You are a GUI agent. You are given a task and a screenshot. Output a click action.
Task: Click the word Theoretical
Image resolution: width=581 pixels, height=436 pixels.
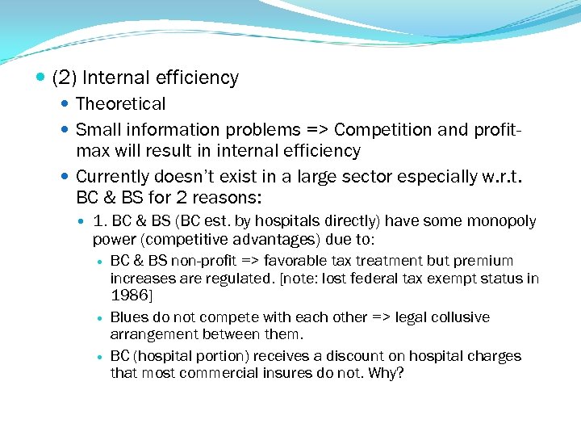click(x=120, y=104)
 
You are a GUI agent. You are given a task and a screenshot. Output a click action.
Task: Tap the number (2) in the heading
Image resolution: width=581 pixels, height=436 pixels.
click(x=64, y=78)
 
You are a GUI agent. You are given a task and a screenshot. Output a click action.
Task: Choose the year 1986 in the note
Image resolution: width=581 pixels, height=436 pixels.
click(x=128, y=296)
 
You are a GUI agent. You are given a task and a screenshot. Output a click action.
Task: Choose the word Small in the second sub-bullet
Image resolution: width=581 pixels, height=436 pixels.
click(x=95, y=130)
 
